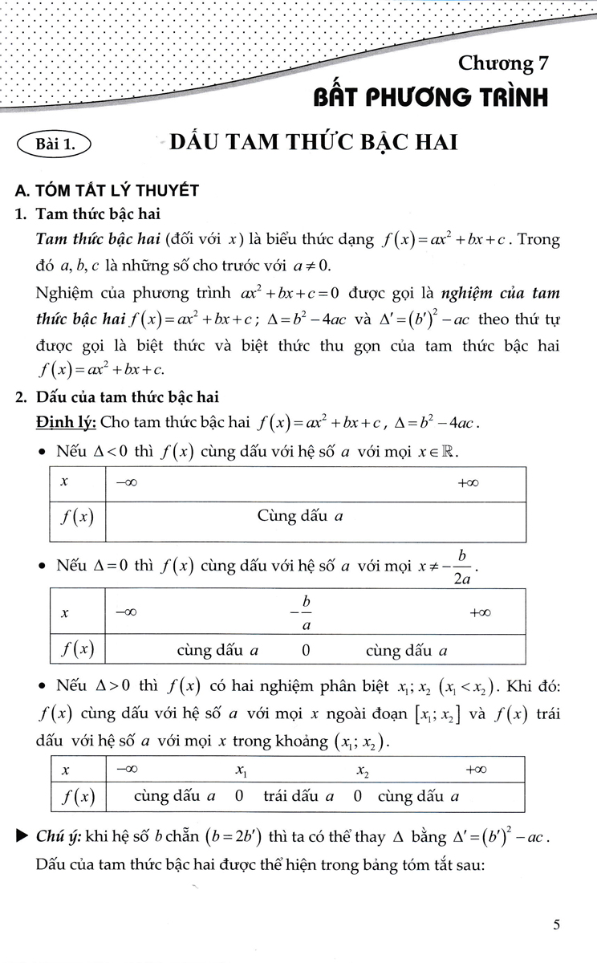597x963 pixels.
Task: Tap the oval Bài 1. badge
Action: (x=55, y=145)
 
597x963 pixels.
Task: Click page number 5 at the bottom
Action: (x=557, y=924)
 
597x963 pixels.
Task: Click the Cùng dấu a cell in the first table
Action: (x=300, y=516)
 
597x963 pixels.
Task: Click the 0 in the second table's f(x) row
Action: (x=306, y=651)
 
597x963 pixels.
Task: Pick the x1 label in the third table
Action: (x=241, y=770)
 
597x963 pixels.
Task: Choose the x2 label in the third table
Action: (x=362, y=770)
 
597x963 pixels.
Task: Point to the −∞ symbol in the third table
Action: (x=125, y=770)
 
